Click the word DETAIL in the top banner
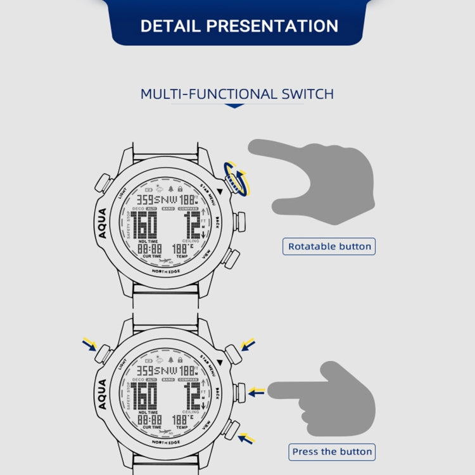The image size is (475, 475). (169, 26)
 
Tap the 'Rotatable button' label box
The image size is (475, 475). (329, 246)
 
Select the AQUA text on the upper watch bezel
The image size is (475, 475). (104, 224)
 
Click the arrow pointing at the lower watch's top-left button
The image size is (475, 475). (89, 345)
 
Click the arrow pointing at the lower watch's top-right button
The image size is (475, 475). (248, 345)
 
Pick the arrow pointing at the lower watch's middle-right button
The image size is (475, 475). (256, 393)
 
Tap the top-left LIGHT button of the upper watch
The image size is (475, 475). (103, 183)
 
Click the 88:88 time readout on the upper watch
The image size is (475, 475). (149, 250)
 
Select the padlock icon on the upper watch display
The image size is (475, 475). (180, 188)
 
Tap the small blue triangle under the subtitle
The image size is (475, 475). (235, 106)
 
